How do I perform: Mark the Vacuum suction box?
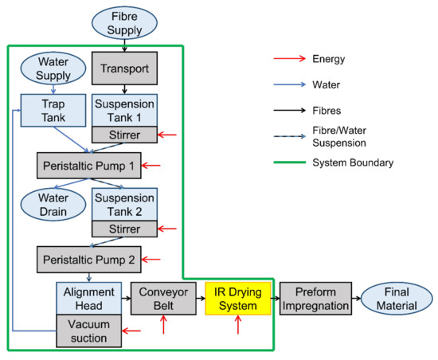(88, 331)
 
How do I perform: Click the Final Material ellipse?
(392, 298)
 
